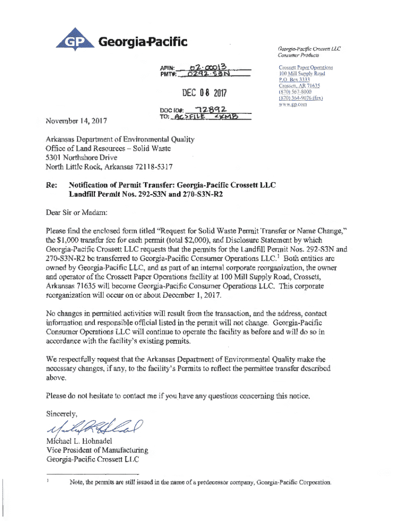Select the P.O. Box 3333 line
[294, 80]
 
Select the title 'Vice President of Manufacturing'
[97, 450]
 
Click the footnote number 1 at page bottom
[47, 481]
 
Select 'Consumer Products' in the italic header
[299, 55]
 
